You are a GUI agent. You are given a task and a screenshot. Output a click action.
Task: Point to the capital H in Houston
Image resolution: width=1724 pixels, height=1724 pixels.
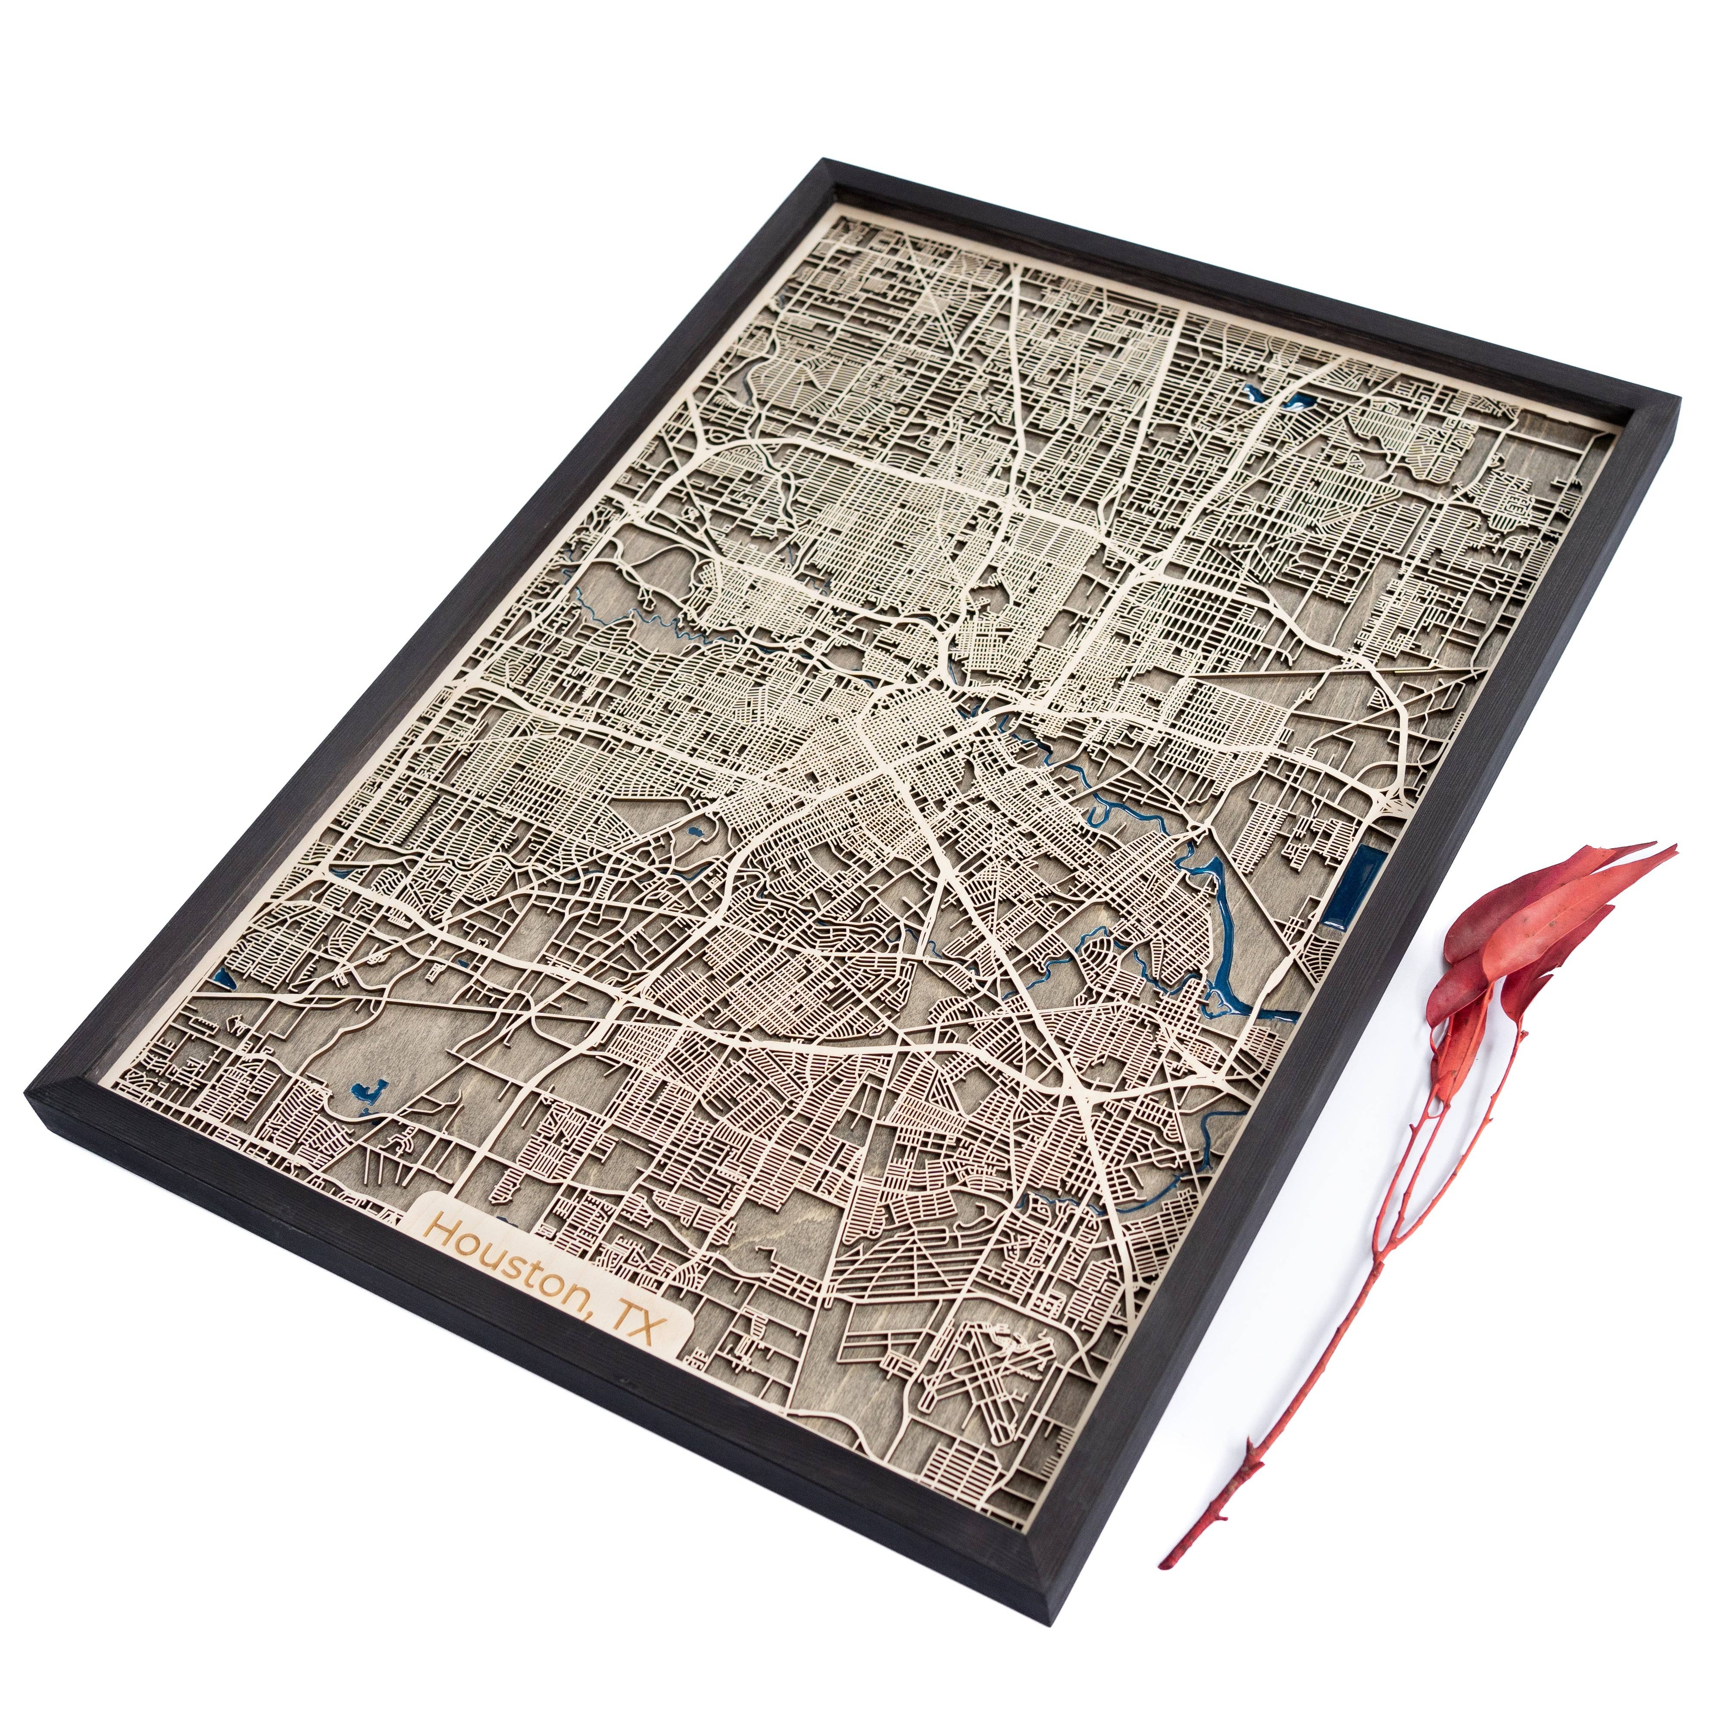pyautogui.click(x=441, y=1226)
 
